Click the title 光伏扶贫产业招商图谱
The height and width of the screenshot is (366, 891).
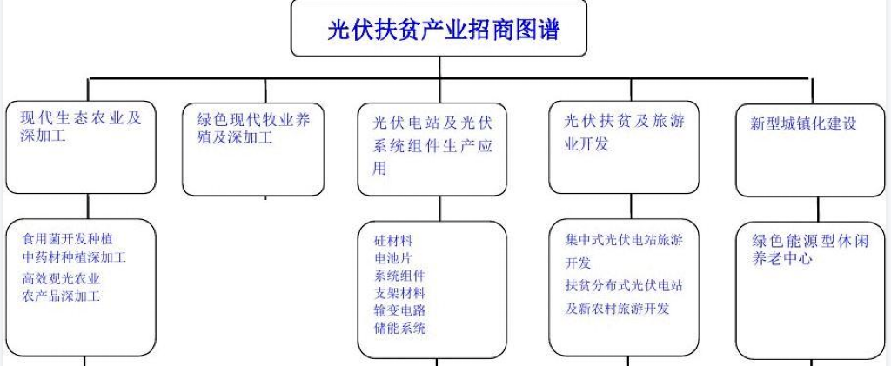tap(439, 30)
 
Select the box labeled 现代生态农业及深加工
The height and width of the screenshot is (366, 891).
tap(87, 148)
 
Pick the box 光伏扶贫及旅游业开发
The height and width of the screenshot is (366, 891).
tap(623, 148)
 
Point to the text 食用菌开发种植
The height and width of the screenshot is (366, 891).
tap(68, 238)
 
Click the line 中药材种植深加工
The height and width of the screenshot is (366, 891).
tap(75, 257)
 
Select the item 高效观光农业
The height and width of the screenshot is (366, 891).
tap(61, 279)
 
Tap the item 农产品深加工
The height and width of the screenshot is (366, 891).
tap(61, 296)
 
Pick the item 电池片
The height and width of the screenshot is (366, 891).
tap(392, 258)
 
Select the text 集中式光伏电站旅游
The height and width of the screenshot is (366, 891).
tap(624, 240)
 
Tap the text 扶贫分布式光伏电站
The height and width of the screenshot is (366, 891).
tap(624, 286)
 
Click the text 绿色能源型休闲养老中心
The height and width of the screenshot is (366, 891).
tap(810, 249)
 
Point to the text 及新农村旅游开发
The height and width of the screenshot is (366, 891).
tap(617, 308)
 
